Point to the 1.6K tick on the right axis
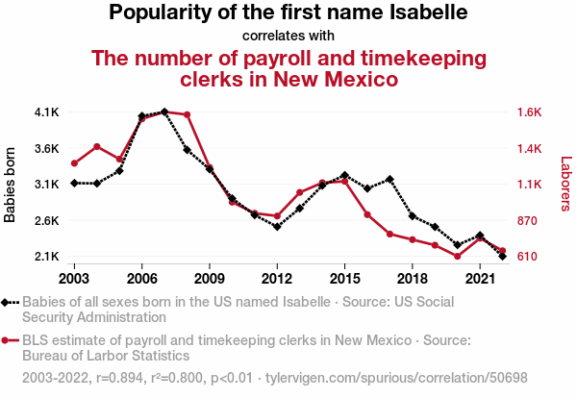[530, 112]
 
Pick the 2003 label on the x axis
[74, 278]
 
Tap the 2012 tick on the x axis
[277, 278]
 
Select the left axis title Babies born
[11, 185]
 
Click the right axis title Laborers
[565, 185]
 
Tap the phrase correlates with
[288, 37]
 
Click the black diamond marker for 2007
[164, 112]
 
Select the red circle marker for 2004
[97, 146]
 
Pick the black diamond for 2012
[277, 227]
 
